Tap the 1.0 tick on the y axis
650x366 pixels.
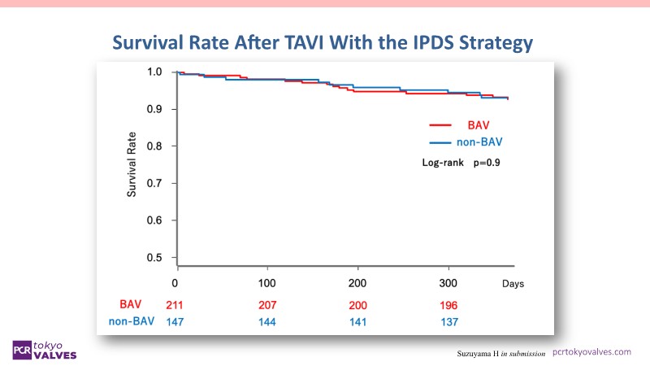pyautogui.click(x=154, y=72)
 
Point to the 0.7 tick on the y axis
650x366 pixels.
pyautogui.click(x=154, y=184)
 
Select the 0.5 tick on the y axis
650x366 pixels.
pyautogui.click(x=154, y=258)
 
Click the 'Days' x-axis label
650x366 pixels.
pyautogui.click(x=513, y=284)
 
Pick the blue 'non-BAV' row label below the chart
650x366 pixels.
pyautogui.click(x=131, y=322)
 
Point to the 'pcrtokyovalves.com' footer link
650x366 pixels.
pyautogui.click(x=591, y=351)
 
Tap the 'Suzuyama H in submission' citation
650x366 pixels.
pyautogui.click(x=501, y=353)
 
